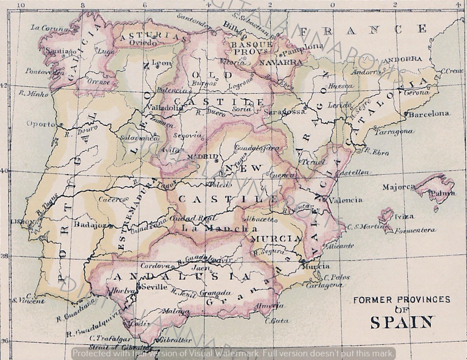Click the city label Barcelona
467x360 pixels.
click(x=429, y=114)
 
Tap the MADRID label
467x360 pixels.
click(x=202, y=156)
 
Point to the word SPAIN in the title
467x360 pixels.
click(x=402, y=322)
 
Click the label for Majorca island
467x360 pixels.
click(x=398, y=187)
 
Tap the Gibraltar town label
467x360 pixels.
click(x=176, y=340)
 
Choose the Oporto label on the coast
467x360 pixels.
click(x=41, y=124)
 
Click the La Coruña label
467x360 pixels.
click(x=50, y=28)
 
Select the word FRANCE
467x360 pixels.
click(x=362, y=30)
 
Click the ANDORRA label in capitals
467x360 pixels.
click(x=403, y=59)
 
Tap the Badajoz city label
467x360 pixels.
click(x=90, y=225)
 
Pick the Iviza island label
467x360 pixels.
click(x=404, y=217)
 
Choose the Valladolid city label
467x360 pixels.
click(x=164, y=108)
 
